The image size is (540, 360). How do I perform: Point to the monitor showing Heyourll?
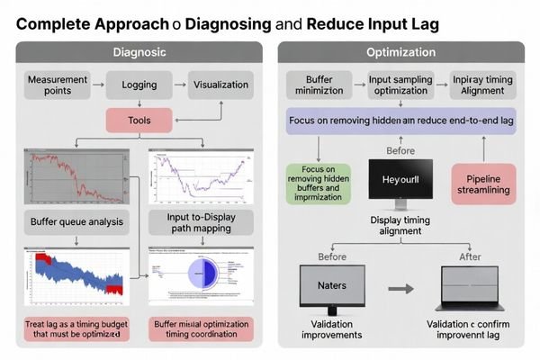click(401, 181)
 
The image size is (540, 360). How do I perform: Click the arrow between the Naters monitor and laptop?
click(401, 290)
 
